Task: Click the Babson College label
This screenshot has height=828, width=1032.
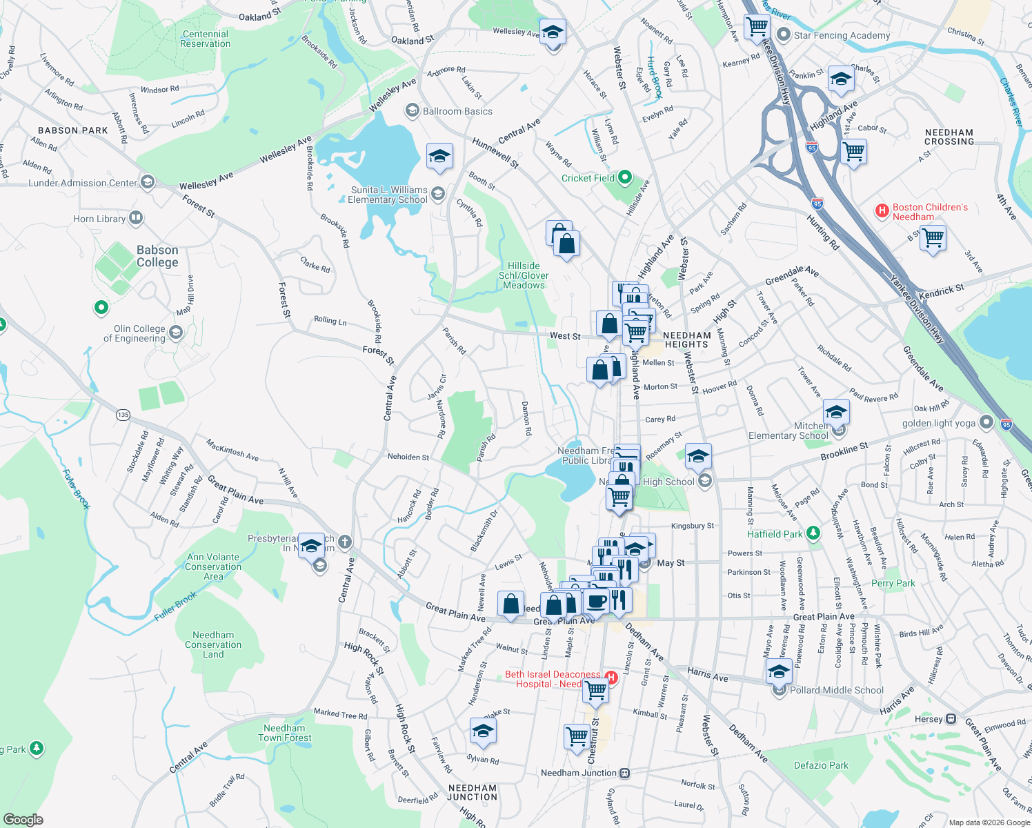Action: pyautogui.click(x=157, y=256)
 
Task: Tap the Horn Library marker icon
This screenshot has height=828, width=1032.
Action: pyautogui.click(x=136, y=219)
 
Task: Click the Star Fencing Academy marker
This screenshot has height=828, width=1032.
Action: pyautogui.click(x=783, y=34)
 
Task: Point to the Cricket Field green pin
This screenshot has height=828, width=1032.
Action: pyautogui.click(x=625, y=177)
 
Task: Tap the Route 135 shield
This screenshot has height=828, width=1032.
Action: pyautogui.click(x=123, y=415)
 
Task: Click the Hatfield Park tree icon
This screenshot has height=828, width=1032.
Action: pyautogui.click(x=813, y=533)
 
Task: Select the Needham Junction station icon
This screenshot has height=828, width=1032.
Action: pyautogui.click(x=624, y=773)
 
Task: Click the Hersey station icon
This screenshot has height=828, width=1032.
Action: pyautogui.click(x=951, y=719)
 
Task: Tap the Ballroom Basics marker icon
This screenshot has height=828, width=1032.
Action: pyautogui.click(x=412, y=110)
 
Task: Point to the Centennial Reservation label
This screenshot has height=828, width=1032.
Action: pyautogui.click(x=205, y=39)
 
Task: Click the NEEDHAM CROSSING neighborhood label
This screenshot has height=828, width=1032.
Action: pyautogui.click(x=949, y=137)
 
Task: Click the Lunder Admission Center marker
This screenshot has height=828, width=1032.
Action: pyautogui.click(x=147, y=182)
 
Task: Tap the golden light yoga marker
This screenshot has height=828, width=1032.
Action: pyautogui.click(x=986, y=422)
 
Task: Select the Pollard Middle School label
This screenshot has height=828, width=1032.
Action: pyautogui.click(x=836, y=690)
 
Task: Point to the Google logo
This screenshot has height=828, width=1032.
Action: pyautogui.click(x=23, y=820)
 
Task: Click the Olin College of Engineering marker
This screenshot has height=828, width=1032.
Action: pyautogui.click(x=176, y=333)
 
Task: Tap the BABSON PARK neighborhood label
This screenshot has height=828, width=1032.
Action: pyautogui.click(x=73, y=130)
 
